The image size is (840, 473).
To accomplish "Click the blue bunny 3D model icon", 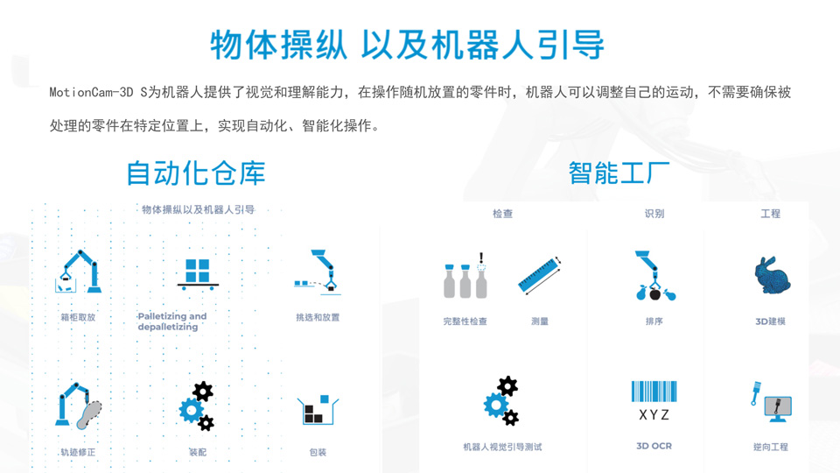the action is [772, 275].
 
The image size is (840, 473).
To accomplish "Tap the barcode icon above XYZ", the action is [654, 392].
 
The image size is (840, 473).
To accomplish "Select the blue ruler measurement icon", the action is [540, 275].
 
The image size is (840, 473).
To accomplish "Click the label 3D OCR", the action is [654, 446].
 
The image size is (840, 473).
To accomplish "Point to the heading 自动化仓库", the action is [196, 173].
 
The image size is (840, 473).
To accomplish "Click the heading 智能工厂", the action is [619, 173].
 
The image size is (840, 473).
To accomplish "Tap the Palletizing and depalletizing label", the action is [172, 321].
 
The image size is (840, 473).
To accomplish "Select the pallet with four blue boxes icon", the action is [198, 274].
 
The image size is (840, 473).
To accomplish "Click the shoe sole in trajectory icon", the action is [89, 415].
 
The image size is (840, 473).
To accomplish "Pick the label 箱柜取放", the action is [78, 317].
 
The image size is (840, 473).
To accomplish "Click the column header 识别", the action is [654, 214].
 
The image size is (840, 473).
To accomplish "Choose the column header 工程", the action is [770, 214].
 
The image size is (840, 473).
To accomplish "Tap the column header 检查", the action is [502, 214].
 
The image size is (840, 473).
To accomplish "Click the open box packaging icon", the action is [318, 410].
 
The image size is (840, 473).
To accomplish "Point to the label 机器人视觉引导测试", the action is [502, 447].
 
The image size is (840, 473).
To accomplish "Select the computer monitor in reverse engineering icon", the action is [777, 409].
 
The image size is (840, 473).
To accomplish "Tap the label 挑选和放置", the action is [318, 317].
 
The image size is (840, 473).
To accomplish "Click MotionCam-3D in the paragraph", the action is [91, 92].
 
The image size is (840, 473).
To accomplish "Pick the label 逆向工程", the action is [770, 447].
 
